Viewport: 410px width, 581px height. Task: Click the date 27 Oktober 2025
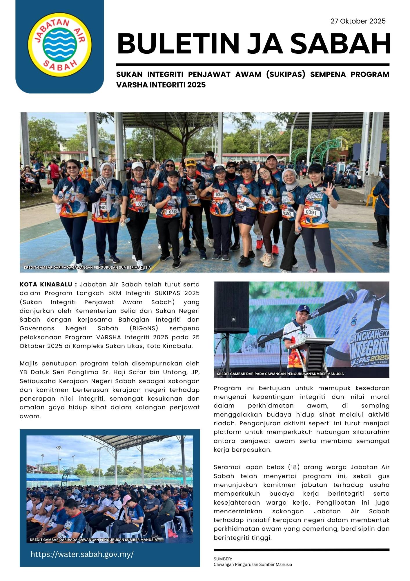(x=358, y=21)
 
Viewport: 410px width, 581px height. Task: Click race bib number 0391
(x=311, y=212)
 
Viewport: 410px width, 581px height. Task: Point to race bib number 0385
(x=173, y=211)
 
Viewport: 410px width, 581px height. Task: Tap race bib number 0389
(x=142, y=204)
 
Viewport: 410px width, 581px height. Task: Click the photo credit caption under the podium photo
(x=280, y=374)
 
